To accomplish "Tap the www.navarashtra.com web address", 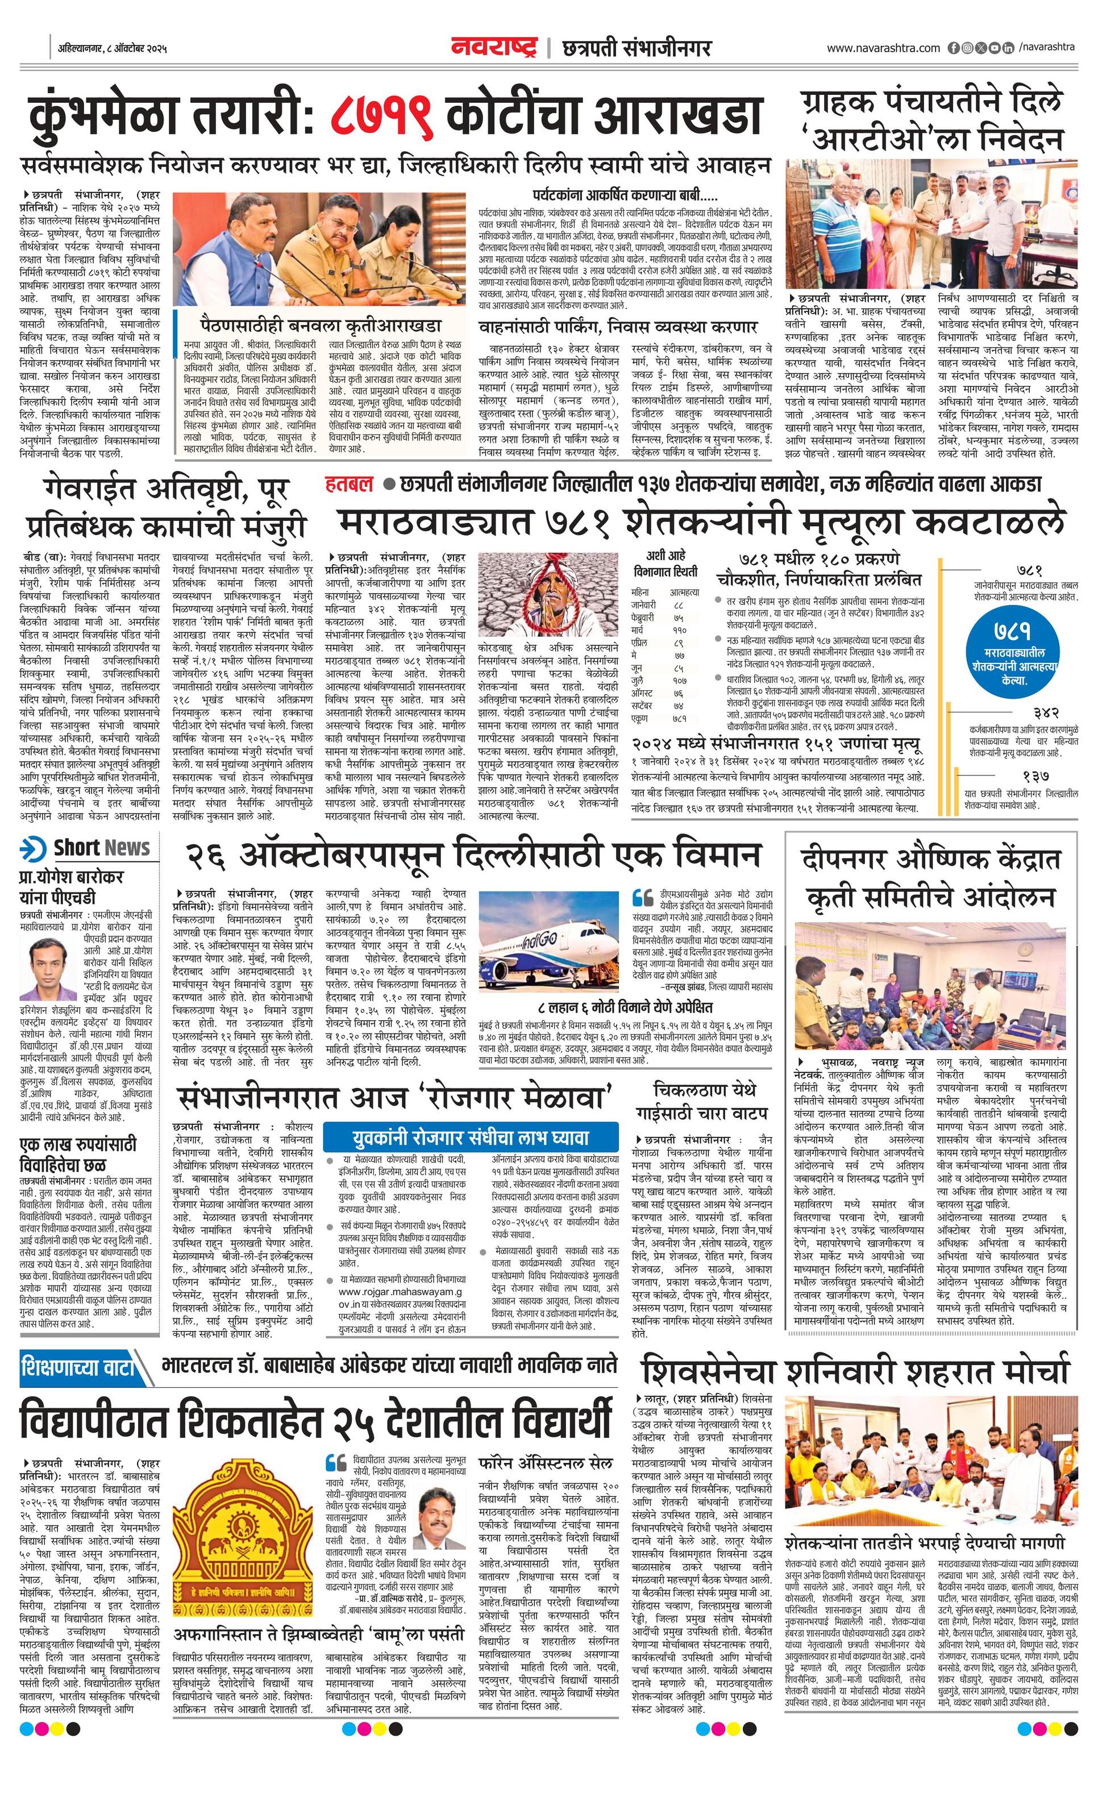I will [883, 48].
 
